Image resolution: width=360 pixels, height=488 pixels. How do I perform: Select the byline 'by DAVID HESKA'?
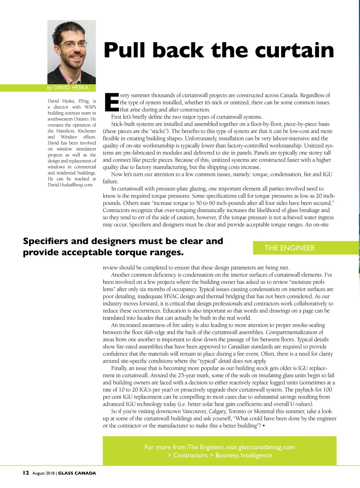[67, 88]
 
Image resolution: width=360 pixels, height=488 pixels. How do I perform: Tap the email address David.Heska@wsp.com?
[70, 185]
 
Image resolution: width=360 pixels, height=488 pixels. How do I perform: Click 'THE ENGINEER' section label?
[289, 248]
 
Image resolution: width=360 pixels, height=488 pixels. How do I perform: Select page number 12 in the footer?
[26, 473]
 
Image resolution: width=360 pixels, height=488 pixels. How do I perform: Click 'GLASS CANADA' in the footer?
[77, 473]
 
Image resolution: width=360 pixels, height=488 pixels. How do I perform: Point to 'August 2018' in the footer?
[43, 473]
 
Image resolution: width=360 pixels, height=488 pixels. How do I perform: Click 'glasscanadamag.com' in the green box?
[267, 447]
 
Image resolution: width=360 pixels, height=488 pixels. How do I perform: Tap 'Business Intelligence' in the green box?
[244, 455]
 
